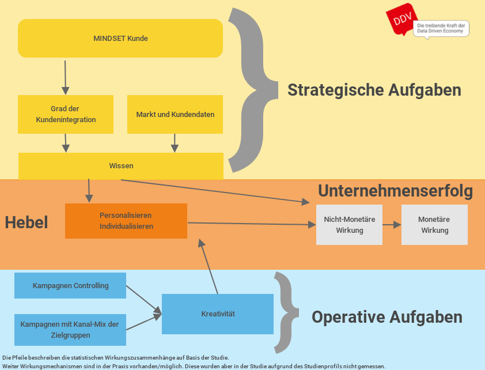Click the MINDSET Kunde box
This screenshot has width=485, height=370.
(x=120, y=39)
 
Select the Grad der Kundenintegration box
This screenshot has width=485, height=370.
(x=66, y=114)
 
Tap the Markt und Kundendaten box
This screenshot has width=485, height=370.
(x=175, y=114)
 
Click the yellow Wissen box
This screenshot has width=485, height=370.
(x=121, y=166)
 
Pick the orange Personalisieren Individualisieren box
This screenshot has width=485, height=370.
(x=126, y=221)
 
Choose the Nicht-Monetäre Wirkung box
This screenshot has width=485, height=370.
(x=349, y=225)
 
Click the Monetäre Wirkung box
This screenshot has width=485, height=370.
(x=434, y=225)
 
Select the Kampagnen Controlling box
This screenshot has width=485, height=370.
(x=70, y=286)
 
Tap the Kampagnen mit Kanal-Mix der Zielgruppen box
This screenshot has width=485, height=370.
(x=70, y=330)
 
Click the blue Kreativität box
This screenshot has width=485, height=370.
(x=218, y=314)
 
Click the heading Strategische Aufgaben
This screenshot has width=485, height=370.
(x=374, y=90)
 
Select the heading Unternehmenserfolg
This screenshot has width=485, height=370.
(x=395, y=191)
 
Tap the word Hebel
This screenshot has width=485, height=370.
(x=26, y=222)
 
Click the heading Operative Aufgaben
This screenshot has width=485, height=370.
(x=387, y=317)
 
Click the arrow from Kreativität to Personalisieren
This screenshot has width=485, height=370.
(x=208, y=267)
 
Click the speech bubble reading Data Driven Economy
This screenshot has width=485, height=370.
(x=441, y=29)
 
